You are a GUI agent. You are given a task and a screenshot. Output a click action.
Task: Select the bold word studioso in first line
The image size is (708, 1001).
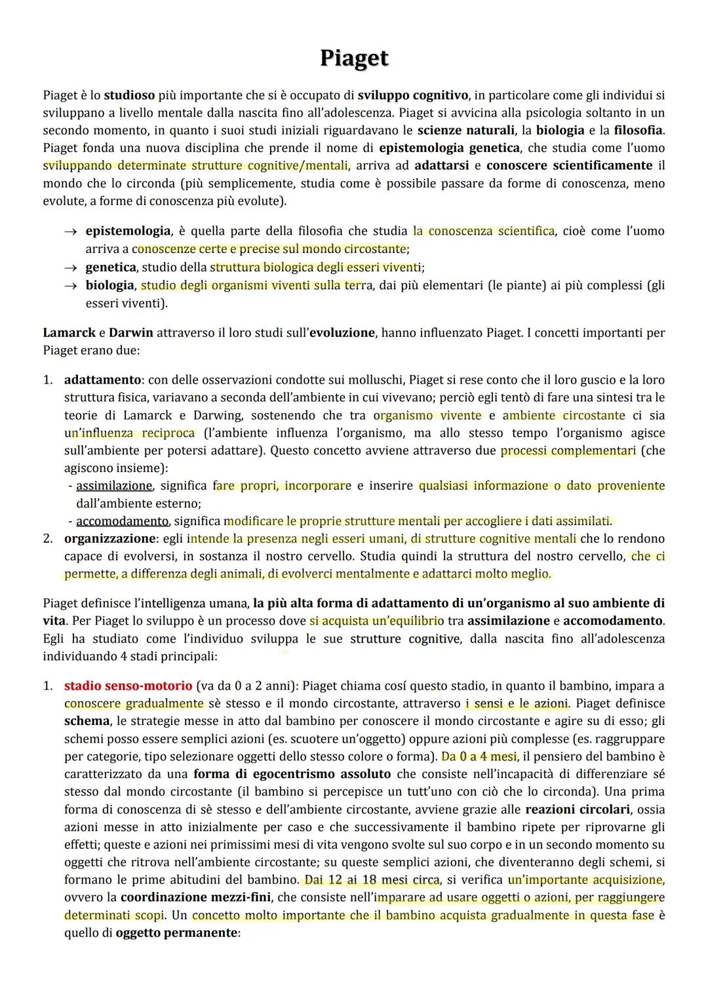coord(131,95)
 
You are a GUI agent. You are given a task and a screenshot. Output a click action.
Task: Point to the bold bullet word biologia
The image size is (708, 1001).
coord(109,285)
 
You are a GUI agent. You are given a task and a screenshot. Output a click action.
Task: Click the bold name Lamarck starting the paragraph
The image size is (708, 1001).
coord(69,332)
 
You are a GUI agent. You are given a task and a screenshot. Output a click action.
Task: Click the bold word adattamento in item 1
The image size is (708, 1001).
coord(102,380)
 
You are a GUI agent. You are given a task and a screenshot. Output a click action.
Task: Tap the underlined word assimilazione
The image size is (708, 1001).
coord(114,486)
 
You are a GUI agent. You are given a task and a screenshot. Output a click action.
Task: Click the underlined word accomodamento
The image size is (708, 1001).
coord(122,521)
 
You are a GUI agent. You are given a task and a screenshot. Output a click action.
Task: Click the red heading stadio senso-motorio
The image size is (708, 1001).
coord(128,686)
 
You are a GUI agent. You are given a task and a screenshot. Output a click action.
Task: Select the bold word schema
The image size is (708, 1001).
coord(87,721)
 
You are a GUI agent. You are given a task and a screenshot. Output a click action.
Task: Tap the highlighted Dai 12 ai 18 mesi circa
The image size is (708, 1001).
coord(372,880)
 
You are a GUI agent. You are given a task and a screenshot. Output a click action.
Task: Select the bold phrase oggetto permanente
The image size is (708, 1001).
coord(176,932)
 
